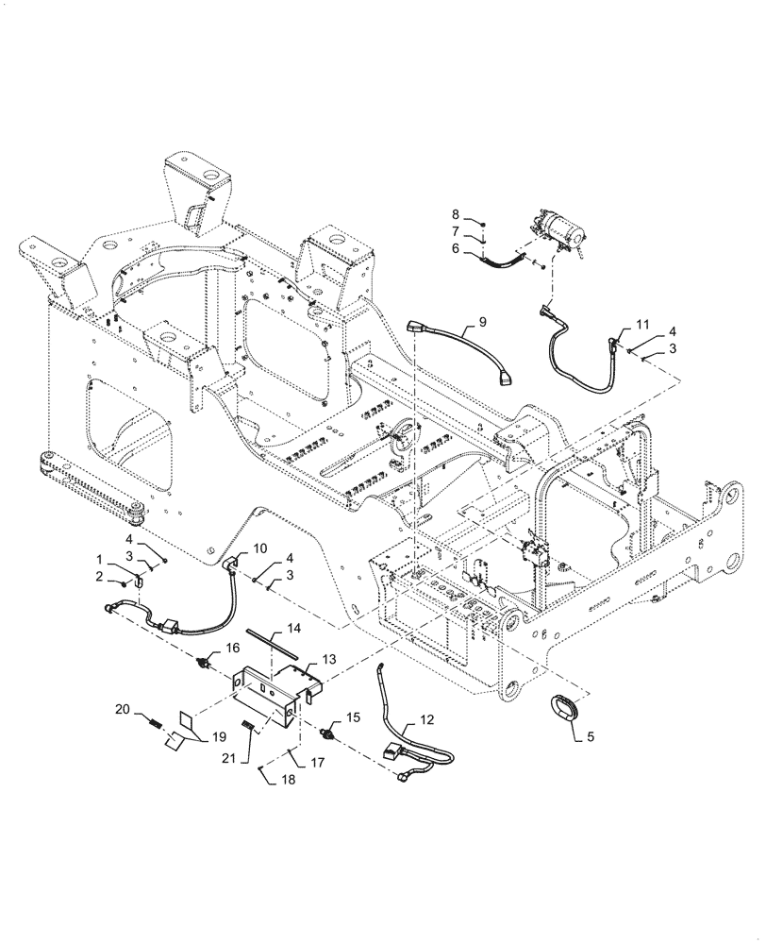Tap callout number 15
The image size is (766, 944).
[x=354, y=718]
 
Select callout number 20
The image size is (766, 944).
[x=147, y=709]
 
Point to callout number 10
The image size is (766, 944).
[x=259, y=548]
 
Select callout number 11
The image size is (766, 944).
[x=641, y=324]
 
